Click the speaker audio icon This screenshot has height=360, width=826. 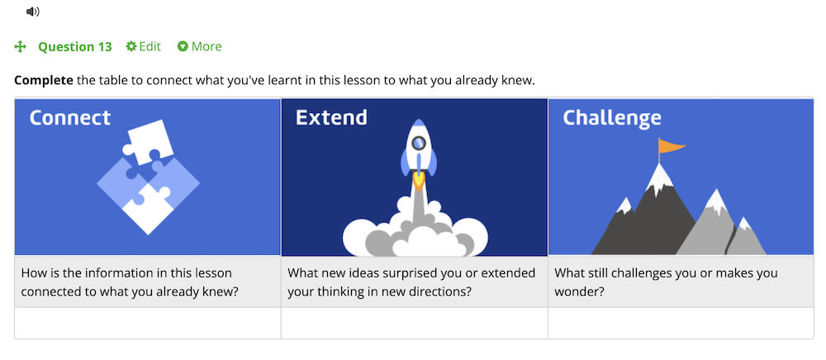click(x=33, y=12)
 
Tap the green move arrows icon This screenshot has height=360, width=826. click(x=20, y=47)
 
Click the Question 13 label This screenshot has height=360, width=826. click(x=75, y=47)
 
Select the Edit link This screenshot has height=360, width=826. click(x=143, y=46)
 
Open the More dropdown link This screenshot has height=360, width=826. click(x=200, y=46)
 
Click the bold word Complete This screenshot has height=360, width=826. click(x=44, y=81)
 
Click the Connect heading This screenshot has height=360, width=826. click(x=70, y=117)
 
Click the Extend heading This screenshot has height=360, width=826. click(x=331, y=117)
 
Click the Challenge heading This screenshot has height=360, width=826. click(x=611, y=118)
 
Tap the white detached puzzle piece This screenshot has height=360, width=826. click(x=148, y=141)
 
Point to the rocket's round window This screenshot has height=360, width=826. click(x=418, y=142)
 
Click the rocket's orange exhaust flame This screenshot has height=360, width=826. click(x=418, y=180)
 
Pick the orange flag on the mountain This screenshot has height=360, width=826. click(x=672, y=145)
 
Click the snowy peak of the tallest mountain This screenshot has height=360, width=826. click(x=658, y=177)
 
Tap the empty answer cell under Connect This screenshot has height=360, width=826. click(x=148, y=323)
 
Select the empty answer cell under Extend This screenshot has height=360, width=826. click(x=415, y=323)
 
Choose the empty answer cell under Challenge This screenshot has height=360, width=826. click(x=681, y=323)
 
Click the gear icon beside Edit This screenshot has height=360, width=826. click(x=131, y=46)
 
